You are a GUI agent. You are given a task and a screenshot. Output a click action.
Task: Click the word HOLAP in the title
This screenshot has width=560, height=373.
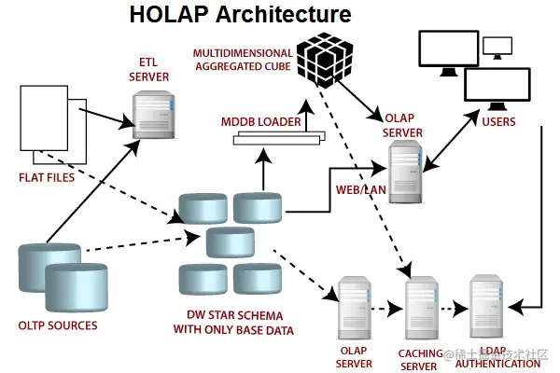[x=169, y=14]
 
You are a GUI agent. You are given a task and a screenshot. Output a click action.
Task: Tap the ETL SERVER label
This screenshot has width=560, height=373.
[x=149, y=70]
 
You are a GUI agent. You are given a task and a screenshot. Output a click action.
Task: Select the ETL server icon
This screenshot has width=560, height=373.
[x=154, y=115]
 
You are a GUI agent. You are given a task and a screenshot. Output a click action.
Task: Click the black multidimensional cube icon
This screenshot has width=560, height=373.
[x=325, y=60]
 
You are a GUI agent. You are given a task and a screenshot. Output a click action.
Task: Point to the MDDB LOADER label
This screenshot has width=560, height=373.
[x=261, y=122]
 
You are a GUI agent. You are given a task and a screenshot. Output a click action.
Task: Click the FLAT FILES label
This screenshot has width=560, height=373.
[x=47, y=177]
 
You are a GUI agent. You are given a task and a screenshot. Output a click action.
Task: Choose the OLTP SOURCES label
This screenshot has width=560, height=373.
[x=58, y=325]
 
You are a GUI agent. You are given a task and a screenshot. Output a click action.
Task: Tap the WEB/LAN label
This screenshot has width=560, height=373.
[x=360, y=189]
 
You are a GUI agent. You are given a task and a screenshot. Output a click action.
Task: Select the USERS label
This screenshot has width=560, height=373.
[x=498, y=122]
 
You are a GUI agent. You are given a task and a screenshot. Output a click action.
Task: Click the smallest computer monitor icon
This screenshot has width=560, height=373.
[x=497, y=48]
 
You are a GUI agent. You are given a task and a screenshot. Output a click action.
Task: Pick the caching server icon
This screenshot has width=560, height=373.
[x=422, y=308]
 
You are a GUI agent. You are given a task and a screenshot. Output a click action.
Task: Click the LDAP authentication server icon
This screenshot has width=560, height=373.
[x=486, y=306]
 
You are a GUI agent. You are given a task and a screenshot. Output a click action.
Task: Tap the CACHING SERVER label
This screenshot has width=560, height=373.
[x=420, y=360]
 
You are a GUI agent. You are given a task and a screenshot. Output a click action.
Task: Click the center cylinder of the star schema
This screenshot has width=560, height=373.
[x=231, y=242]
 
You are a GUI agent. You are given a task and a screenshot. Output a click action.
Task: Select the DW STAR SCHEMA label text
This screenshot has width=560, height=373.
[x=233, y=323]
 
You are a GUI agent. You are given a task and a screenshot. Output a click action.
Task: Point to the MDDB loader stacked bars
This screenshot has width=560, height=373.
[x=279, y=138]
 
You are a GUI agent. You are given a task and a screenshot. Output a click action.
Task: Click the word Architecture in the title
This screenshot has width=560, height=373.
[x=284, y=14]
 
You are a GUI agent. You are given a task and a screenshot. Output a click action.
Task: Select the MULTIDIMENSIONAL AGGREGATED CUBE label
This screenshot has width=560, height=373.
[x=243, y=60]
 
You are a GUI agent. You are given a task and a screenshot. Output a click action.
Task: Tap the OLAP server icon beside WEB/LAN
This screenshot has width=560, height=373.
[x=406, y=172]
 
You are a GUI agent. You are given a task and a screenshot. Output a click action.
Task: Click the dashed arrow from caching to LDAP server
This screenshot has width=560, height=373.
[x=454, y=309]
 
